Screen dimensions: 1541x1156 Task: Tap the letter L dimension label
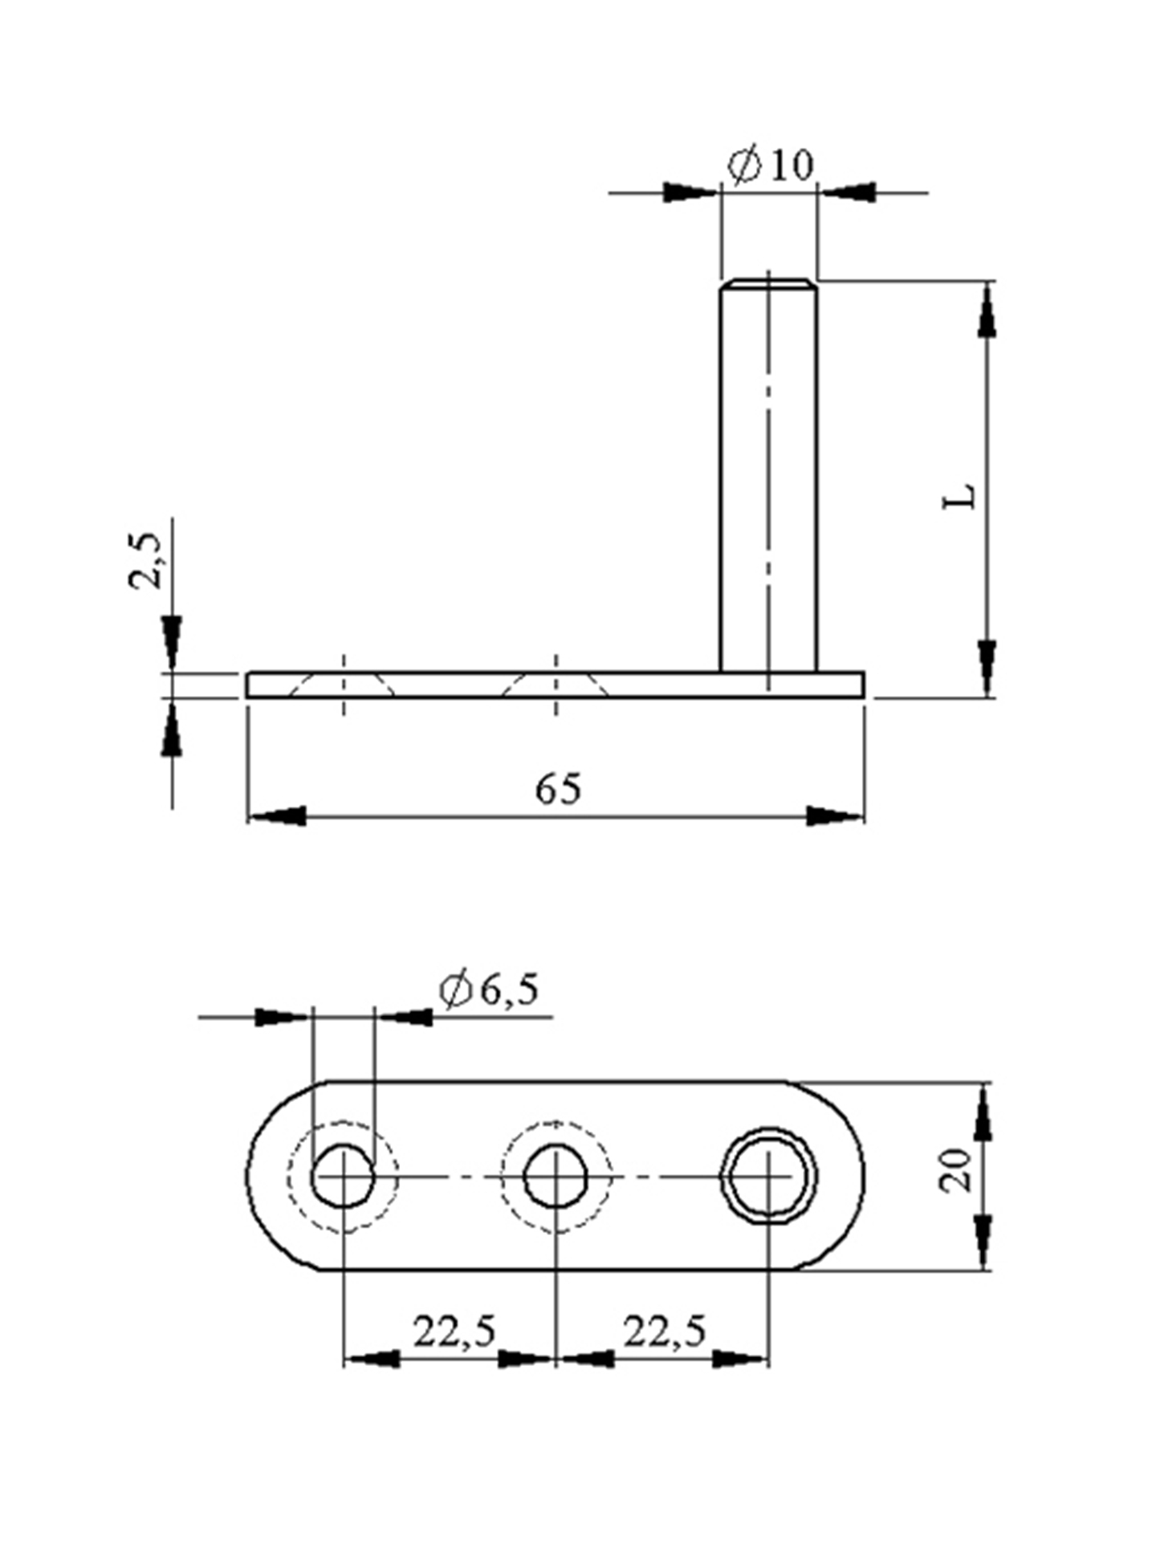(x=960, y=495)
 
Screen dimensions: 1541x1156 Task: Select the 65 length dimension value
(x=558, y=789)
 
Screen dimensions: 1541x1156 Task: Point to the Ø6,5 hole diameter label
(x=489, y=990)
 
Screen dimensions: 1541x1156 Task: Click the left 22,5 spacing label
(x=454, y=1332)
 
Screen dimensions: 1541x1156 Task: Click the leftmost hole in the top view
(x=344, y=1177)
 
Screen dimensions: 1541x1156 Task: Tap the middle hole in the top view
(x=556, y=1177)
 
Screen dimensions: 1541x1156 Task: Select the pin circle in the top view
(x=768, y=1177)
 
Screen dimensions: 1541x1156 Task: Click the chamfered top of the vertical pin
(x=768, y=284)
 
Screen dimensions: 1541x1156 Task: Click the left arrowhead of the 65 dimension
(x=277, y=816)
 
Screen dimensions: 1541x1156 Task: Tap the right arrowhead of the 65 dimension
(x=835, y=816)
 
